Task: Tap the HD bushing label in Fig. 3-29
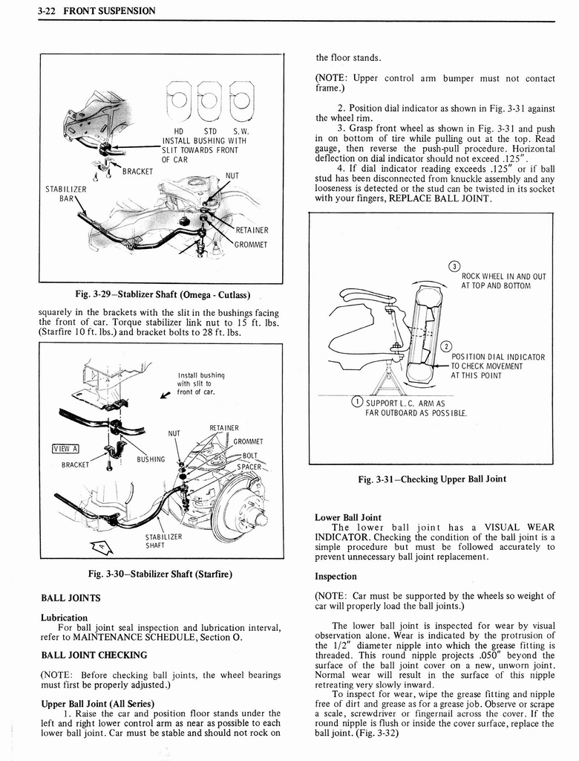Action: pyautogui.click(x=178, y=132)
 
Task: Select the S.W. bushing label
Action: pyautogui.click(x=240, y=132)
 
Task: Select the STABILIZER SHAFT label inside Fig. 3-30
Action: pyautogui.click(x=163, y=540)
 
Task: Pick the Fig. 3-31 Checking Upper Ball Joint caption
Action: pyautogui.click(x=431, y=479)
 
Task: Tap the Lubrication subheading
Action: pyautogui.click(x=64, y=618)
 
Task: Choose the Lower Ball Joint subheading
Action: pyautogui.click(x=348, y=517)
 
